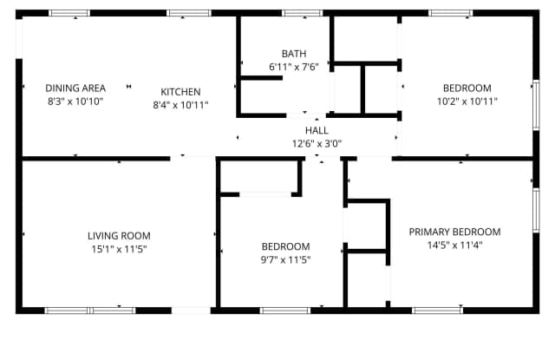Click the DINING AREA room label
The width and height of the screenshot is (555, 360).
75,88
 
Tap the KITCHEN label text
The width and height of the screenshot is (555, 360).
180,92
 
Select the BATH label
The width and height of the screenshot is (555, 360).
294,54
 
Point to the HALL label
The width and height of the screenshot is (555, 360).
317,130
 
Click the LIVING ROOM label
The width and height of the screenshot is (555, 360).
119,235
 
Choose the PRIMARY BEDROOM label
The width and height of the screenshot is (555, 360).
454,232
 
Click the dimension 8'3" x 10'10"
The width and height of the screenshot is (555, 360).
75,101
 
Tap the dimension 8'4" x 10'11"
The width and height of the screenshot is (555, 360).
180,105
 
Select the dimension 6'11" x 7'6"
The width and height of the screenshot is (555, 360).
294,67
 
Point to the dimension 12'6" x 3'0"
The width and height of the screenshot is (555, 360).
317,144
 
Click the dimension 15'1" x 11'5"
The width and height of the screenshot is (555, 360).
119,249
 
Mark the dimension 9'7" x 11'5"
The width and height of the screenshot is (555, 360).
285,260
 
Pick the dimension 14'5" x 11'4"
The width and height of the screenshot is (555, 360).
454,245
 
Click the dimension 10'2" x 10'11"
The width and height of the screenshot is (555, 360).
467,101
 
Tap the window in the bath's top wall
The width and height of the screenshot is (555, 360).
303,14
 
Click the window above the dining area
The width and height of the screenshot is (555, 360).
69,14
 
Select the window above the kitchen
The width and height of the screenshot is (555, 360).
189,14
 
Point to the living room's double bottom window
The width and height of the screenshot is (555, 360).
90,311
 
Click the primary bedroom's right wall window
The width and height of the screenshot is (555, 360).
536,210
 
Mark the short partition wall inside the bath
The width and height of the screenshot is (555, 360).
262,78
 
